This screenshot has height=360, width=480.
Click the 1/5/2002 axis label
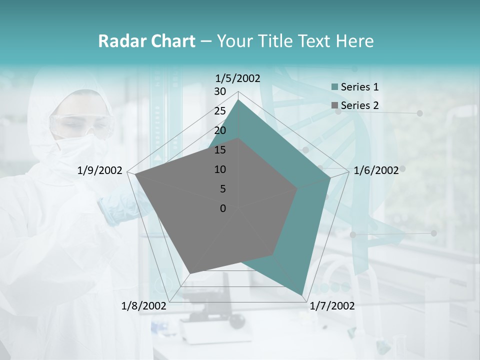click(x=238, y=78)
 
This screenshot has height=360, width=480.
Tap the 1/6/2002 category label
click(x=376, y=170)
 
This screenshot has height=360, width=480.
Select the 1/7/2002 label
click(x=332, y=305)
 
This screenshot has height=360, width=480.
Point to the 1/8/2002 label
click(x=144, y=305)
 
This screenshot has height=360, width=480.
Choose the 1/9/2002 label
click(x=99, y=170)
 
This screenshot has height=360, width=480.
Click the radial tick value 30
click(x=220, y=91)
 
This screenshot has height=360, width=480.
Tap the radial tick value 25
click(x=220, y=111)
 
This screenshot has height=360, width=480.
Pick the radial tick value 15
click(x=220, y=150)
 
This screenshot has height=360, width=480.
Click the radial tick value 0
click(x=223, y=208)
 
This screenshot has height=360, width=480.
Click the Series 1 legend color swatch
click(x=334, y=87)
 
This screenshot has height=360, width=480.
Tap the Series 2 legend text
click(x=359, y=105)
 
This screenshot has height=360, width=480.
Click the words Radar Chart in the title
click(x=146, y=41)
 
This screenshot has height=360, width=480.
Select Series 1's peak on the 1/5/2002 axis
click(x=238, y=99)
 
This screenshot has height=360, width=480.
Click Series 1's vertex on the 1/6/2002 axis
click(x=330, y=178)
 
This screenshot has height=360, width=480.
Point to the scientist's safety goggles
click(x=80, y=125)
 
